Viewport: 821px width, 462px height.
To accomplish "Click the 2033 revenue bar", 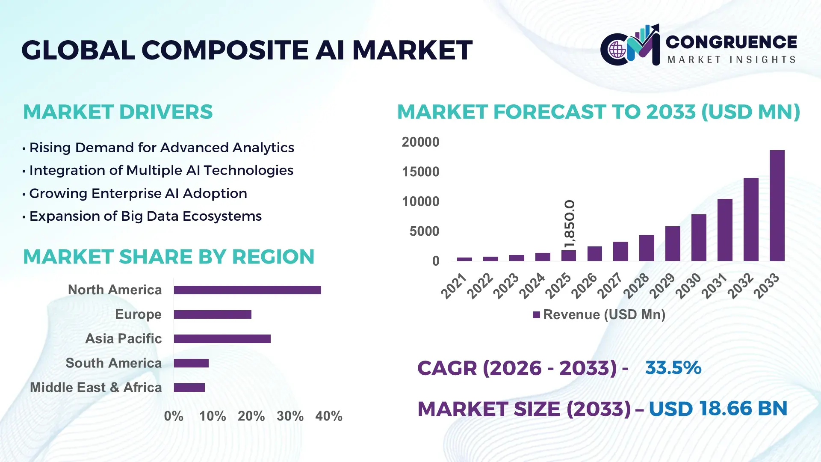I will click(777, 205).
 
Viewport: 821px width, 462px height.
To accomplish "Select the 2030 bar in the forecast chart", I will click(699, 238).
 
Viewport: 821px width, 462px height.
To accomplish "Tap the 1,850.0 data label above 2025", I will click(570, 223).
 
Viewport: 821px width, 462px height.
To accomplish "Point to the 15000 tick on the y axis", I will click(420, 172).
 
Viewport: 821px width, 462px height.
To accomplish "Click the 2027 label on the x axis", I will click(610, 286).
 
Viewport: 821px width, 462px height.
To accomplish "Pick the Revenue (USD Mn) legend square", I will click(536, 315).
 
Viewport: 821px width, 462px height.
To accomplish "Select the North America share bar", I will click(247, 290).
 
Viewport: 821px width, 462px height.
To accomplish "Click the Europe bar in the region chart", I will click(213, 314).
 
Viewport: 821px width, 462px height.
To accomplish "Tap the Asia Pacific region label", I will click(123, 338).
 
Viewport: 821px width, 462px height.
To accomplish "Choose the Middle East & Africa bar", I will click(189, 388).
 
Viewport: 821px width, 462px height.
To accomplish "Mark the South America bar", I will click(191, 363).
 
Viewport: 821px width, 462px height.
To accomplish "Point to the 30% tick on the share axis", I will click(290, 416).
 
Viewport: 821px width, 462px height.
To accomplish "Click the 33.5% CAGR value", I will click(673, 368).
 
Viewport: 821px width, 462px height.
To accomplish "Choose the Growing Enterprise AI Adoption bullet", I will click(138, 193).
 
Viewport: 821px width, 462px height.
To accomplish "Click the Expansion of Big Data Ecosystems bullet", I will click(145, 216).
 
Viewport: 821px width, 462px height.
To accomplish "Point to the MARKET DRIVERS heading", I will click(118, 112).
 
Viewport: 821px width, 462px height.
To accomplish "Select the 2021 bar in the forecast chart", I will click(464, 259).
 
